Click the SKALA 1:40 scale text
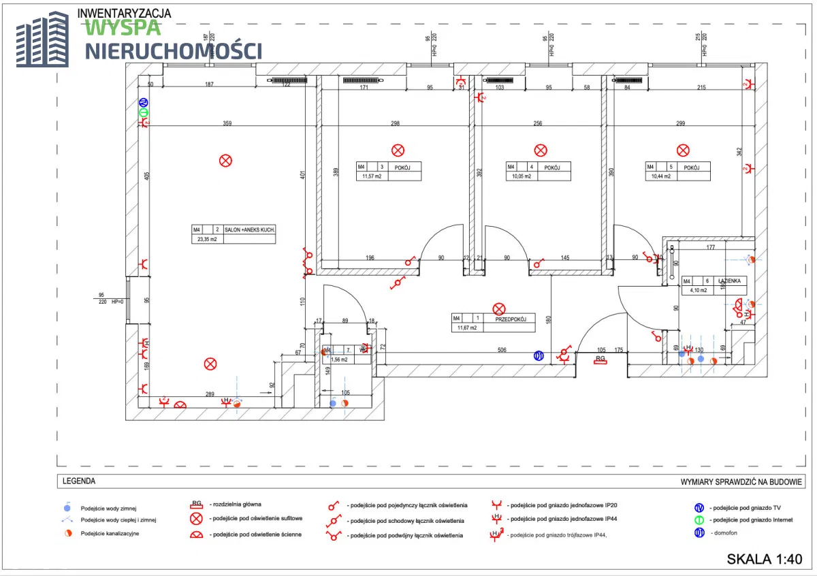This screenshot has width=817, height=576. [765, 559]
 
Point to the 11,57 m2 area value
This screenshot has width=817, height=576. [371, 176]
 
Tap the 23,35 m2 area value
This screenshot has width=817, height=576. [206, 239]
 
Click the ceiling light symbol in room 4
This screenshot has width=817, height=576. [541, 150]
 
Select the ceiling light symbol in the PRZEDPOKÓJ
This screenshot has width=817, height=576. [499, 310]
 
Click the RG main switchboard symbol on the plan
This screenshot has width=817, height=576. [600, 359]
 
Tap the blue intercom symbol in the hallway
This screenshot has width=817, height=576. [539, 355]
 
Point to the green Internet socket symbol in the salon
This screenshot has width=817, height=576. [144, 112]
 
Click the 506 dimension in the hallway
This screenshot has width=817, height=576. [502, 351]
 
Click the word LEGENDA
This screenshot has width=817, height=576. [79, 481]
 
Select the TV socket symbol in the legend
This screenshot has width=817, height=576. [699, 508]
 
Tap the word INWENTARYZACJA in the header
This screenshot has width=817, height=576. [125, 13]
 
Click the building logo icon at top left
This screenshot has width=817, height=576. [42, 42]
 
